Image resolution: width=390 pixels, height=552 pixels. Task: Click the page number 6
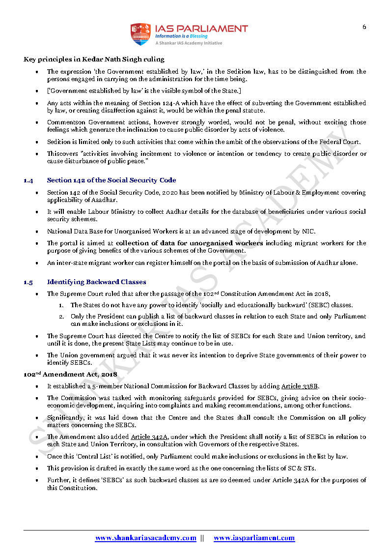(x=364, y=27)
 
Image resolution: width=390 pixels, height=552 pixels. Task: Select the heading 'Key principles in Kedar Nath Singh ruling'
(x=94, y=59)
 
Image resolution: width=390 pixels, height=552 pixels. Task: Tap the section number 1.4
(x=28, y=180)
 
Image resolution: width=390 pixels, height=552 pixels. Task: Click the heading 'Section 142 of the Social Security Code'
(x=111, y=180)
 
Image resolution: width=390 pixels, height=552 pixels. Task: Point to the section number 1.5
(x=28, y=282)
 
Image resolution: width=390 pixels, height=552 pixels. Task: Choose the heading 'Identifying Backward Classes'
(x=96, y=282)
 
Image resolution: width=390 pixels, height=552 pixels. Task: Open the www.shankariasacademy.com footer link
(x=145, y=538)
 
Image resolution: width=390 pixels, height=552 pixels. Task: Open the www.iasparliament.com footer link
(x=254, y=538)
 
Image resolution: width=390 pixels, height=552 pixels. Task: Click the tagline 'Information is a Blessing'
(x=181, y=36)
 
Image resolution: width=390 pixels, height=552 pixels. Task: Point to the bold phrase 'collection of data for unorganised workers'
(x=189, y=243)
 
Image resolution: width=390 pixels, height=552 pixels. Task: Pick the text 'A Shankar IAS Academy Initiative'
(x=189, y=43)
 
